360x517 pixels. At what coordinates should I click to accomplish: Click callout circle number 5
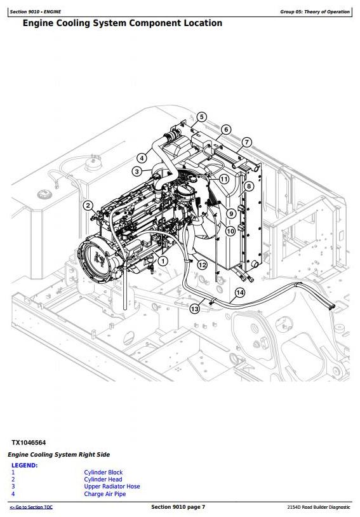click(x=201, y=117)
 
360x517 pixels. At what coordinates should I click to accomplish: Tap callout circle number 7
click(x=246, y=142)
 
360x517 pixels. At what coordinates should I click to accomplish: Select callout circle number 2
click(x=88, y=206)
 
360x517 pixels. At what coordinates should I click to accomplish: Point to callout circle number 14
click(x=240, y=292)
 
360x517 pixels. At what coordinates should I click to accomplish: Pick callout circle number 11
click(x=224, y=179)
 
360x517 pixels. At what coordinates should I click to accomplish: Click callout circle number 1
click(x=163, y=261)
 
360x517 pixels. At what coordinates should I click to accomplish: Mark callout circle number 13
click(x=194, y=309)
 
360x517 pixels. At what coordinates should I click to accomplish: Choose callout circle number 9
click(x=231, y=213)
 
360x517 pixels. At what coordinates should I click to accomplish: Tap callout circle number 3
click(x=137, y=171)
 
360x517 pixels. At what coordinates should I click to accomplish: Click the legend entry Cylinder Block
click(x=103, y=472)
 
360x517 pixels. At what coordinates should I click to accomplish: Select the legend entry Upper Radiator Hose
click(x=112, y=487)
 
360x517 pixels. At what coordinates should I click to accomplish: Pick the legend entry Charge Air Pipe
click(x=105, y=494)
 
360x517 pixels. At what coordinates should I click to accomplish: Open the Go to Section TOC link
click(x=31, y=507)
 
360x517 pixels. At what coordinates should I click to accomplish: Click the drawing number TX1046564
click(x=29, y=443)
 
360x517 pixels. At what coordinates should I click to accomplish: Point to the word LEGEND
click(x=24, y=465)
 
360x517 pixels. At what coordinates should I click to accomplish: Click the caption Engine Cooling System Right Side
click(x=58, y=455)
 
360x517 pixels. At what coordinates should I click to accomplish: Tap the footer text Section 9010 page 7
click(x=178, y=507)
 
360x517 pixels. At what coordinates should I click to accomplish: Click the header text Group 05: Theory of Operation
click(x=315, y=11)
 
